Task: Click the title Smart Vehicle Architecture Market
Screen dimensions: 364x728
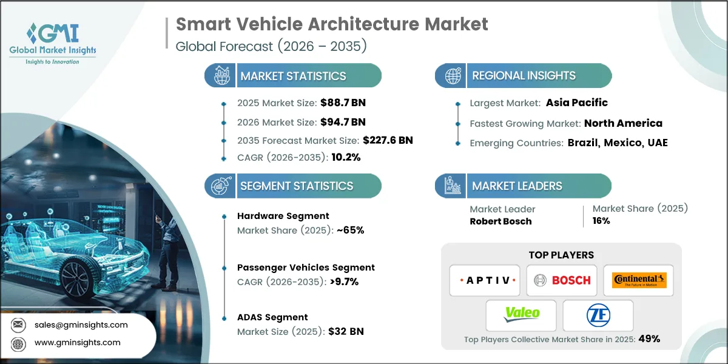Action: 332,24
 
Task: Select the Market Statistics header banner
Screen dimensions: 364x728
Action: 293,76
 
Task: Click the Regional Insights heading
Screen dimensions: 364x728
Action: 524,76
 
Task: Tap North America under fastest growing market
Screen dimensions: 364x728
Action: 623,123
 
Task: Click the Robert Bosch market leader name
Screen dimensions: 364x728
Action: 500,221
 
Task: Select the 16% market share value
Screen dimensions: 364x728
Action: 601,221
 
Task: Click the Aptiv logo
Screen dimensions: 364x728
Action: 484,280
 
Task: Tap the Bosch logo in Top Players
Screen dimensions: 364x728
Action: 561,280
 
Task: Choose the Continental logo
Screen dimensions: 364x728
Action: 639,280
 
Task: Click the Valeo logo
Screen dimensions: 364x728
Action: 521,315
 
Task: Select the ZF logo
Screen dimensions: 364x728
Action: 598,315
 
